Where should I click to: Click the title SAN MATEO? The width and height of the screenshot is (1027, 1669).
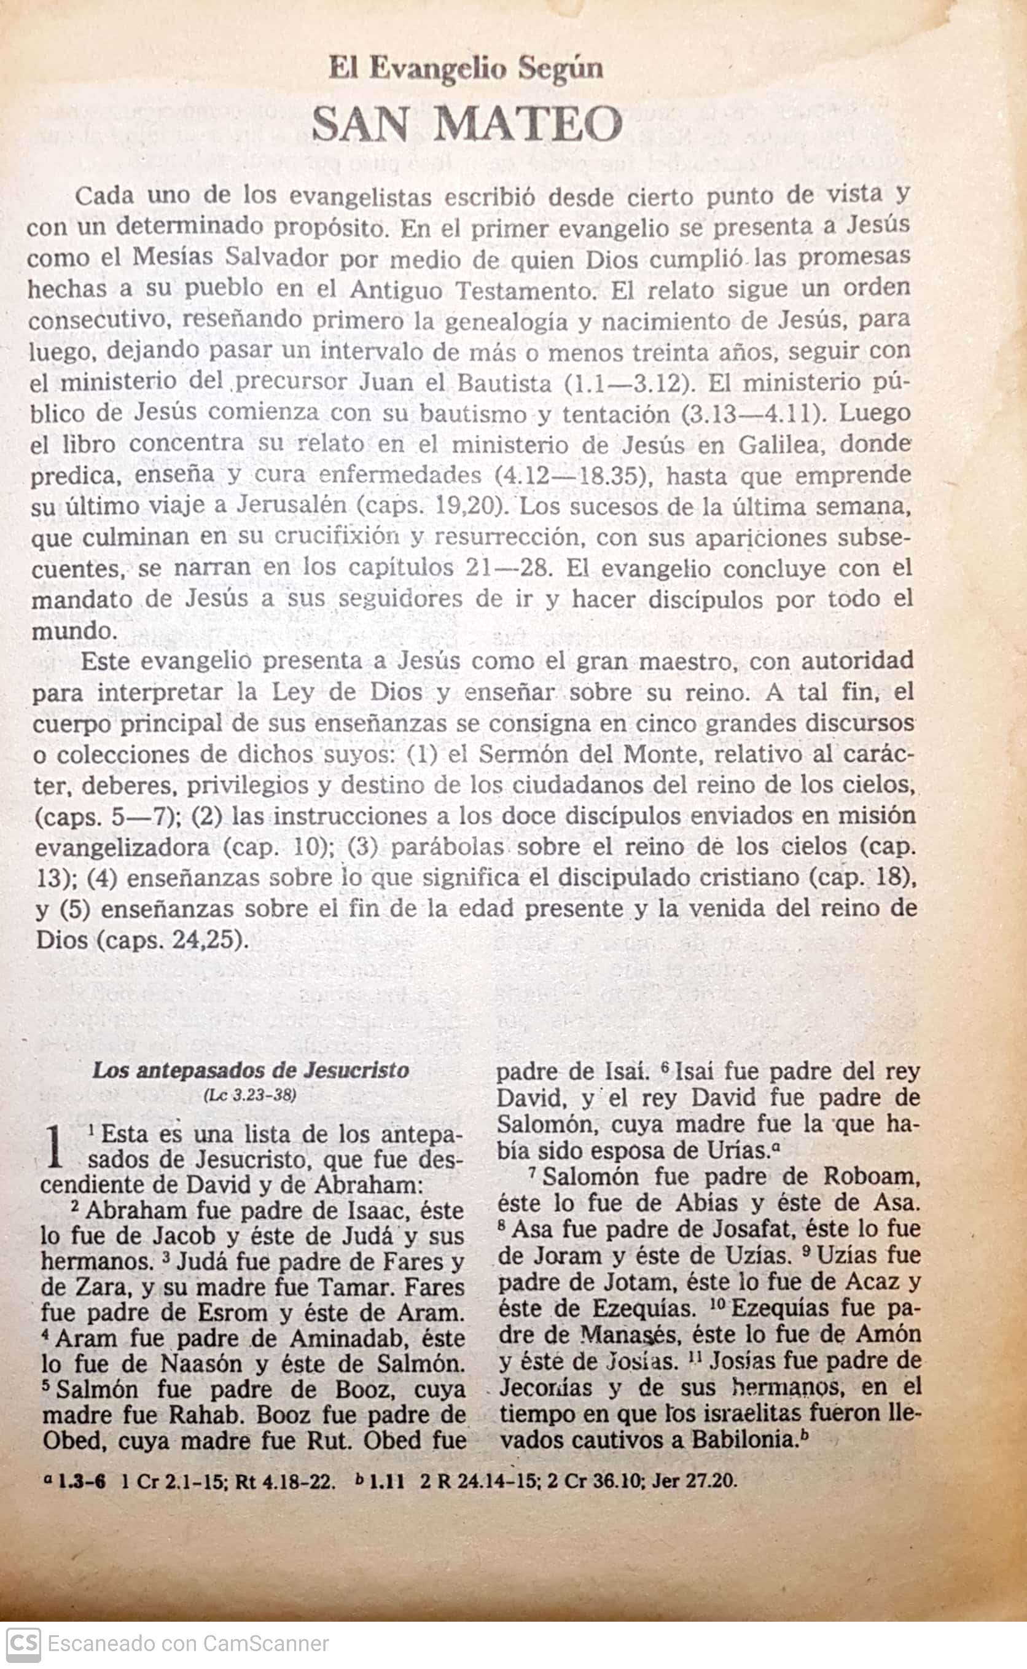click(x=467, y=125)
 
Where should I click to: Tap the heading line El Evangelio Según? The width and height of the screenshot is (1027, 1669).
click(x=466, y=69)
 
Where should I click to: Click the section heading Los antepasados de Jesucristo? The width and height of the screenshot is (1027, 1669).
click(x=251, y=1071)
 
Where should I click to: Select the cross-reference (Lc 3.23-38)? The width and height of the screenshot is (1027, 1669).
click(x=251, y=1095)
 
